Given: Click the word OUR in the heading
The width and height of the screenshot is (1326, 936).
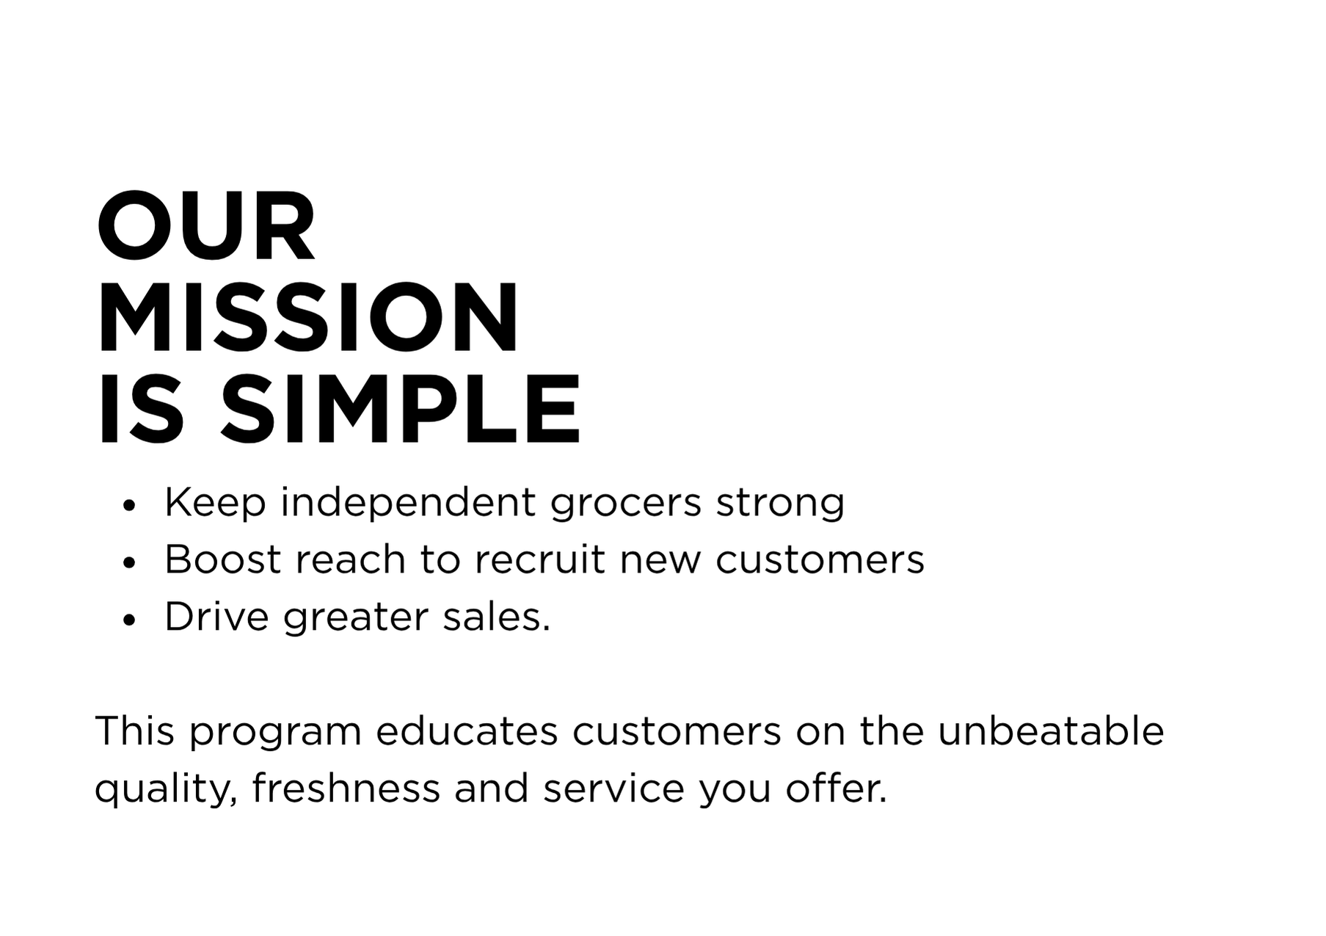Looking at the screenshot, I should [206, 227].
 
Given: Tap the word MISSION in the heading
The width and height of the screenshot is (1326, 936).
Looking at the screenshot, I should [307, 319].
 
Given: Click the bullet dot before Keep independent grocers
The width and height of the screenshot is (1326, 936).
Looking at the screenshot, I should [130, 506].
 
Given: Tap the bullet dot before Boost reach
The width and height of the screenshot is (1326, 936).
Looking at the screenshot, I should [130, 563].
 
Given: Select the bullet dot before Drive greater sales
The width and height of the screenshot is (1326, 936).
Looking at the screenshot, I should [130, 620].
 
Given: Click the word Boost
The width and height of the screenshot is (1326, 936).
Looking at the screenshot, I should [222, 559].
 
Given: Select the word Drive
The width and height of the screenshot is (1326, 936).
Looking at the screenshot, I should [216, 617].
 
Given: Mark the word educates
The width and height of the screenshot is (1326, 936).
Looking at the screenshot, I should [467, 731].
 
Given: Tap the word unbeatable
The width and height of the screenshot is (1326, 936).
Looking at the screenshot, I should [1051, 731].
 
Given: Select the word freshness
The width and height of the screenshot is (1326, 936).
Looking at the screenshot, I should [346, 788].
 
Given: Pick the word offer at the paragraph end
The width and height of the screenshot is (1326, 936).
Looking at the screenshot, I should [836, 788].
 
